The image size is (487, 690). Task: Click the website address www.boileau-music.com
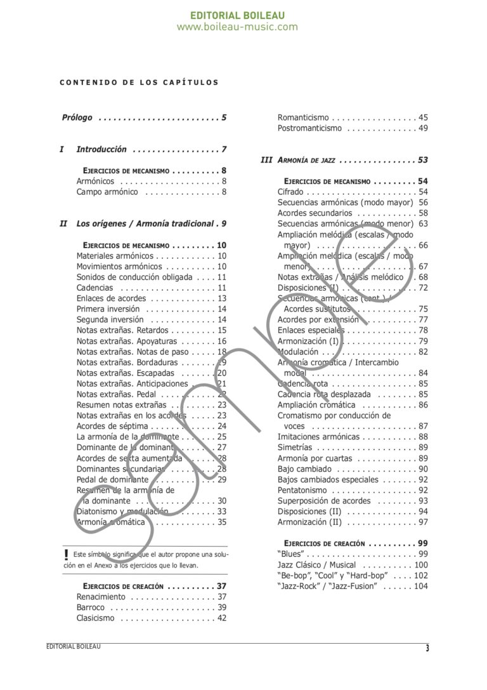coord(237,27)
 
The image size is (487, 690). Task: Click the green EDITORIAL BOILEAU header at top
coord(237,15)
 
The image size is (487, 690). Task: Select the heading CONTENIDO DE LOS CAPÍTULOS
coord(139,83)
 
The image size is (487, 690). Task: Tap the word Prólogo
coord(77,117)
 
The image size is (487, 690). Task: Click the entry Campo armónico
coord(107,192)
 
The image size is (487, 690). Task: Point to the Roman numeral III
coord(266,161)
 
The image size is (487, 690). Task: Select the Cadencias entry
coord(94,288)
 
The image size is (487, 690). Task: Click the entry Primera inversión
coord(108,309)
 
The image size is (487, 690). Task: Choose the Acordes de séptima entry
coord(112,427)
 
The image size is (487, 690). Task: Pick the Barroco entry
coord(91,607)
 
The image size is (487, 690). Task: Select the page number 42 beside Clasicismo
coord(221,618)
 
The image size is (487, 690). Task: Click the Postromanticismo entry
coord(309,128)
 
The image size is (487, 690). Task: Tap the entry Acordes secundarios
coord(315,213)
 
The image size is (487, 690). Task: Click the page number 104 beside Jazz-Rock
coord(421,587)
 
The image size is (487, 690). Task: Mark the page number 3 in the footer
coord(427,649)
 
